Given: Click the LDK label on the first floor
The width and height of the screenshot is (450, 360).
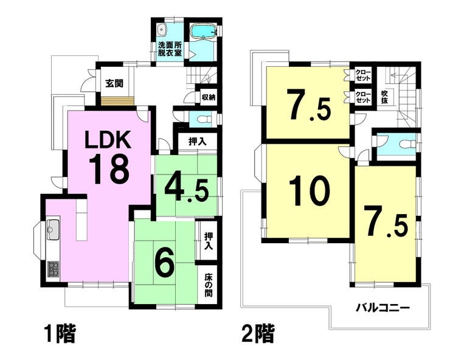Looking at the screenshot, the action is pos(108,140).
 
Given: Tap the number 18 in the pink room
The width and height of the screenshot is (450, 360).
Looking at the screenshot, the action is pos(109,170).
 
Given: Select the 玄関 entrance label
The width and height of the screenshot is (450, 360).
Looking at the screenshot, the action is pos(114,83).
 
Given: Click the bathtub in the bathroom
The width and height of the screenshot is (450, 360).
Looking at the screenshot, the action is pos(203,31).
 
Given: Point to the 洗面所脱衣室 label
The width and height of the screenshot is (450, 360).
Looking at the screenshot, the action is pos(170,49).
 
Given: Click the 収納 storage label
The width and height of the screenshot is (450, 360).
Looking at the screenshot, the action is pos(208,98).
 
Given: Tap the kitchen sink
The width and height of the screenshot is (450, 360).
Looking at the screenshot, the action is pos(53,230).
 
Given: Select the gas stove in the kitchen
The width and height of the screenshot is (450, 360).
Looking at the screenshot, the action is pos(53,269).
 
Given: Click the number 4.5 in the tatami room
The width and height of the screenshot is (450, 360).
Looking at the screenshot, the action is pos(186,189).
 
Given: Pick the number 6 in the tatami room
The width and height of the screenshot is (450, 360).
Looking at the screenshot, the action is pos(165,261).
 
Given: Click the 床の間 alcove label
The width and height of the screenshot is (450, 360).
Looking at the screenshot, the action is pos(209,285).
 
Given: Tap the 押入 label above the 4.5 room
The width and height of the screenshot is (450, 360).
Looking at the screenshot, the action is pos(197,141).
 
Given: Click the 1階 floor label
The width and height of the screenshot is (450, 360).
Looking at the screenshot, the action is pos(60,333).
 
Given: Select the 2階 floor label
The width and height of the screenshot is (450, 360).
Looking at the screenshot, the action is pos(258,333).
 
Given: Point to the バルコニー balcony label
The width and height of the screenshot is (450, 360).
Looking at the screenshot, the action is pos(382,308).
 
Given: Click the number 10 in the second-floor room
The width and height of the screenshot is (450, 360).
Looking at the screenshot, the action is pos(310,191).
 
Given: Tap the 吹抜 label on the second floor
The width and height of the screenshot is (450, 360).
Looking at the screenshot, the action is pos(384,97).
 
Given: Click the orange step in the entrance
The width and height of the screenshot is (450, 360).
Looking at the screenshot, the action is pos(117,101).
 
